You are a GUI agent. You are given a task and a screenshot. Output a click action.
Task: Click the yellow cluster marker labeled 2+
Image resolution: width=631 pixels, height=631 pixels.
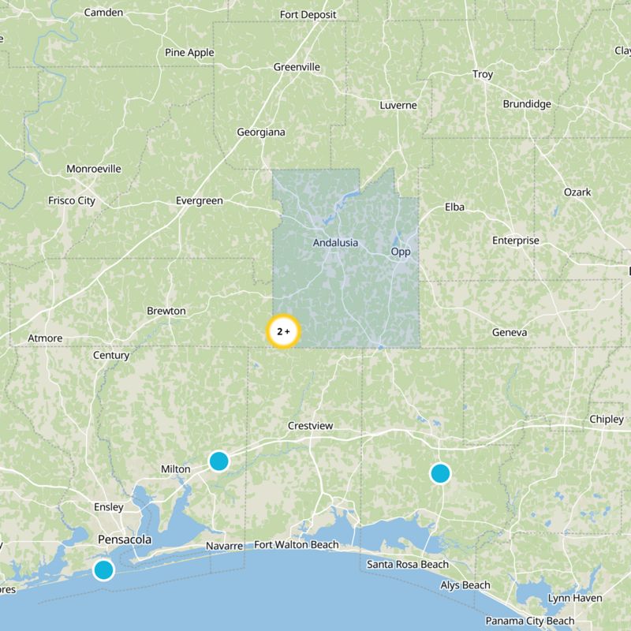283,332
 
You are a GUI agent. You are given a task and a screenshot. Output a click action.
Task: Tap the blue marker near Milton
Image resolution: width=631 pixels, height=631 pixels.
218,461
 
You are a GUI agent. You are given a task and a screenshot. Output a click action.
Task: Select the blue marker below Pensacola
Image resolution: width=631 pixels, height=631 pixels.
103,569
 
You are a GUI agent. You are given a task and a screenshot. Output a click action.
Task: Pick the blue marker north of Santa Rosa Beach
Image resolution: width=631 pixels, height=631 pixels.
440,473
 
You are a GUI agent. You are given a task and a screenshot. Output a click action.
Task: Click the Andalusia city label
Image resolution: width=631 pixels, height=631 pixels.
335,242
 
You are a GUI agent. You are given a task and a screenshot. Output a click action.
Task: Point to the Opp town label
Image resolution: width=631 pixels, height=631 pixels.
401,252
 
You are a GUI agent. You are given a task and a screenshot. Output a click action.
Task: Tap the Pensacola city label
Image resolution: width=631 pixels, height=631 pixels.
125,540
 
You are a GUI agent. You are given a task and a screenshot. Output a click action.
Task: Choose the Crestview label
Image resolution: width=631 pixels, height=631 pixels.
311,426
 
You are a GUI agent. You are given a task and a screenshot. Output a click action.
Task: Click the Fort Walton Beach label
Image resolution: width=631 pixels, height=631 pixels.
297,545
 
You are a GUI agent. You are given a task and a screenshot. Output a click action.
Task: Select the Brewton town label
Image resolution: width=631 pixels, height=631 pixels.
166,311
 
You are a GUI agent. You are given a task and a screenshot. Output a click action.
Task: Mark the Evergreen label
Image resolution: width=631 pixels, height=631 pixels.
200,201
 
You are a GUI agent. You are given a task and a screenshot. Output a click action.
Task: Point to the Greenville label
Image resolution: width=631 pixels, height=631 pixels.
297,67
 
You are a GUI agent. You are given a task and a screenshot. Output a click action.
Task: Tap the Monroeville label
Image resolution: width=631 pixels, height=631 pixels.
94,169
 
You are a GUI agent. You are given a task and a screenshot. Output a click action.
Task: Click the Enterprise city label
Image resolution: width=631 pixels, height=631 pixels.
516,241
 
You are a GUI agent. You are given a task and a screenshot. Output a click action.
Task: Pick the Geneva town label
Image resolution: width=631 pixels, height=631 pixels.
509,333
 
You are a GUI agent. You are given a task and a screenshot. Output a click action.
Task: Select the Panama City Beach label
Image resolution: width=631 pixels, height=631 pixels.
530,621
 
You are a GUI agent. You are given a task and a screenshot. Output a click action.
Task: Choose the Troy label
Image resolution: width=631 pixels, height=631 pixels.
483,74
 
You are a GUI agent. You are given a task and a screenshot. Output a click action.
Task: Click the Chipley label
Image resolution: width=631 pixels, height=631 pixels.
606,420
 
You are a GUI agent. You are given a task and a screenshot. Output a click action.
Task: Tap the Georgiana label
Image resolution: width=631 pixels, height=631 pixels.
261,133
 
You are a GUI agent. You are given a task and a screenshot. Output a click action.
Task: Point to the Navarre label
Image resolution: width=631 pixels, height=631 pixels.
224,546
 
